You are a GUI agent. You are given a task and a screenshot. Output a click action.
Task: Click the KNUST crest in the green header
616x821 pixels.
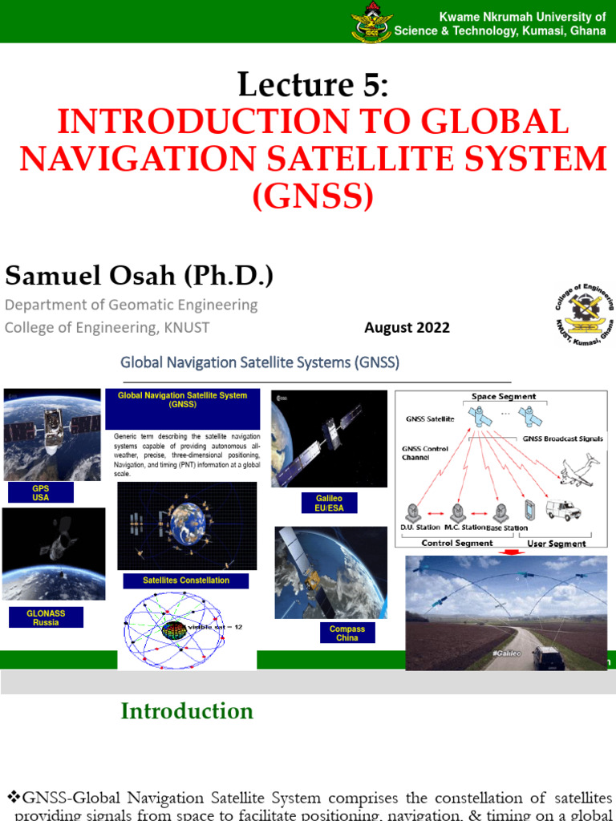tap(371, 22)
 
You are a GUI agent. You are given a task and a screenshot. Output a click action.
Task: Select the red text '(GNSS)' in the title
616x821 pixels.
tap(313, 196)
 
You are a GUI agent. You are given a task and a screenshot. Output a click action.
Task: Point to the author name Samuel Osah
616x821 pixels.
tap(139, 276)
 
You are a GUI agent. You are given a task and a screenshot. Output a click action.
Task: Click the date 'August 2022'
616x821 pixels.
tap(407, 327)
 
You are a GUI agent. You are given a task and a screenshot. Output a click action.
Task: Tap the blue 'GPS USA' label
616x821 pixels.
tap(40, 492)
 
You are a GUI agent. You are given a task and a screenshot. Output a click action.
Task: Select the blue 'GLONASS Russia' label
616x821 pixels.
tap(46, 617)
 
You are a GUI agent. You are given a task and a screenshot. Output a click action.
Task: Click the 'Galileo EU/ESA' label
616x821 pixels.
tap(330, 504)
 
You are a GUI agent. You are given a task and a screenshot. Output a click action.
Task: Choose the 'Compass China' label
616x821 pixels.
tap(346, 633)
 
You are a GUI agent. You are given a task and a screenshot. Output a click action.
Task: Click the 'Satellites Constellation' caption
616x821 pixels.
tap(185, 580)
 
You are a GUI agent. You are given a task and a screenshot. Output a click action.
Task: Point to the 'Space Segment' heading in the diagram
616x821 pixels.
tap(504, 397)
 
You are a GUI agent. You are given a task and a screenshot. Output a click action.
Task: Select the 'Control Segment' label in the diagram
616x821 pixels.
tap(457, 543)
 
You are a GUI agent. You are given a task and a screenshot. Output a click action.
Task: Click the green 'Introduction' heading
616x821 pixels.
tap(187, 711)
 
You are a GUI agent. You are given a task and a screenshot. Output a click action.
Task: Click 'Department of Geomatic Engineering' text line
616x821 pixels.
tap(132, 305)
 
